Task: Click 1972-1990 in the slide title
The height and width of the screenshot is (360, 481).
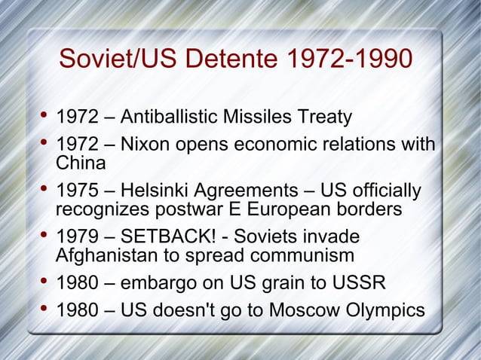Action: point(351,59)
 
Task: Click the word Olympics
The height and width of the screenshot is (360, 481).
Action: point(382,310)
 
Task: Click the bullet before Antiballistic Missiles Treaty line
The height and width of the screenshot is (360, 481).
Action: point(42,117)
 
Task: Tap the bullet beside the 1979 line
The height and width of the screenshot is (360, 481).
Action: point(42,235)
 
